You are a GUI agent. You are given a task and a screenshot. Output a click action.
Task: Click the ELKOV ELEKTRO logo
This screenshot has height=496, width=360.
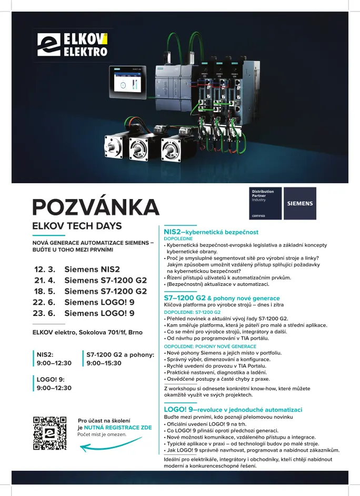(72, 44)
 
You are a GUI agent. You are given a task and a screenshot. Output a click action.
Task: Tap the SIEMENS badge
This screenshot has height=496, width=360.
(299, 203)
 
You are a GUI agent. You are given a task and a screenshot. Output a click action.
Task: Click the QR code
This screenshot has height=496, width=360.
(50, 433)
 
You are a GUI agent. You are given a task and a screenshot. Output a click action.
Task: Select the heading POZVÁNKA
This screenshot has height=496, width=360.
(95, 207)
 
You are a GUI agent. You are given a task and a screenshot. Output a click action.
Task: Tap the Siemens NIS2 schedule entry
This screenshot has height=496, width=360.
(92, 269)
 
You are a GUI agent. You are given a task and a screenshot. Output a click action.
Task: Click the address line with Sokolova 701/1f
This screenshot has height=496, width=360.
(87, 332)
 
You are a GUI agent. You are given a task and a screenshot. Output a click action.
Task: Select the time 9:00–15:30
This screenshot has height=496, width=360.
(104, 363)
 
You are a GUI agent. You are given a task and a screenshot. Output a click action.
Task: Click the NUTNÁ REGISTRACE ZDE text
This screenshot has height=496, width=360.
(114, 428)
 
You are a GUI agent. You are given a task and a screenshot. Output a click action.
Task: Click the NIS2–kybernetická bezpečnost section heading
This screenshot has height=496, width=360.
(211, 232)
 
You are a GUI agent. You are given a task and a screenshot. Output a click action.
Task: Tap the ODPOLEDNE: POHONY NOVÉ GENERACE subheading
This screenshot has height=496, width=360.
(210, 346)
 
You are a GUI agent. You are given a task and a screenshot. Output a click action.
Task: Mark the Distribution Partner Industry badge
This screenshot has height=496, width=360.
(265, 203)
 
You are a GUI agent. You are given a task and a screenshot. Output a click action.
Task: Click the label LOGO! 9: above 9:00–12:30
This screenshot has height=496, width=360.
(50, 379)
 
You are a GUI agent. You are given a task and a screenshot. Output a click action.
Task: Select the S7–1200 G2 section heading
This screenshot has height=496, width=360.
(222, 298)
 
